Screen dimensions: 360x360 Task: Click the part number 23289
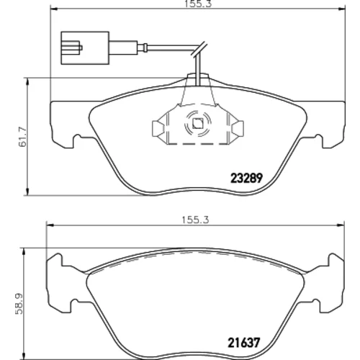(246, 178)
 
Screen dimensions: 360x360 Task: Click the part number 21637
(243, 343)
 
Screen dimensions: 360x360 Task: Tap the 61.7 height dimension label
(23, 137)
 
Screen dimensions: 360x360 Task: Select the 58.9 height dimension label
(19, 304)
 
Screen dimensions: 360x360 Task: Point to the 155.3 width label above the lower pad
(195, 220)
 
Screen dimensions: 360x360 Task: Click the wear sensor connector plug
(86, 48)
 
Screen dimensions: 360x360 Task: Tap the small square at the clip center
(198, 124)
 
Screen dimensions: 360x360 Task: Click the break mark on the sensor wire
(199, 49)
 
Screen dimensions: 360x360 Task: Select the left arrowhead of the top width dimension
(53, 9)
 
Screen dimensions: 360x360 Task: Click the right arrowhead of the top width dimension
(342, 9)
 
